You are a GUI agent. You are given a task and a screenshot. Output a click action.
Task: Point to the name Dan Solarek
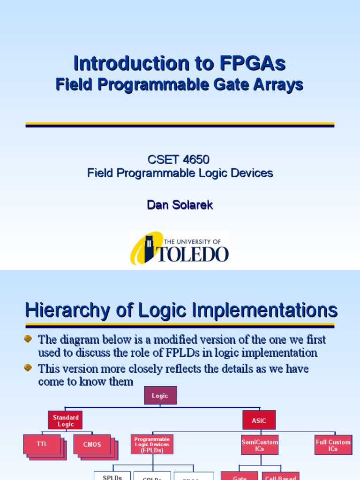180,205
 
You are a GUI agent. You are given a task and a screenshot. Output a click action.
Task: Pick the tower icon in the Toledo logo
149,248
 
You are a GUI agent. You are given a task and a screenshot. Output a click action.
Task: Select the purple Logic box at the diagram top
160,396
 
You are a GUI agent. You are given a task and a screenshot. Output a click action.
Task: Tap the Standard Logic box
65,420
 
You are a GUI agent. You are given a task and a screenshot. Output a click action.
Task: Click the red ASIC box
259,420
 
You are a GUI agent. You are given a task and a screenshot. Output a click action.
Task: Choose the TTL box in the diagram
42,444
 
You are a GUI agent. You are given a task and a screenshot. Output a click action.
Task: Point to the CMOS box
92,444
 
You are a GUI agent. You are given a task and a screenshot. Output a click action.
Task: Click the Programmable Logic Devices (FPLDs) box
152,444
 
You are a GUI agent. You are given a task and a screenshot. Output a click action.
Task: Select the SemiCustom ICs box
260,445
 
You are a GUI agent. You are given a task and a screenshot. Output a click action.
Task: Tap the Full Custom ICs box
333,445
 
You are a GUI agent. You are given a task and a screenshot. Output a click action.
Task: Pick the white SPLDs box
112,476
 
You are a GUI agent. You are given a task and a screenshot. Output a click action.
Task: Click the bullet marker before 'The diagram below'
29,338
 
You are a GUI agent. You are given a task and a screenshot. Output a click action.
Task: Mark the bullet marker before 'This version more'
29,368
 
